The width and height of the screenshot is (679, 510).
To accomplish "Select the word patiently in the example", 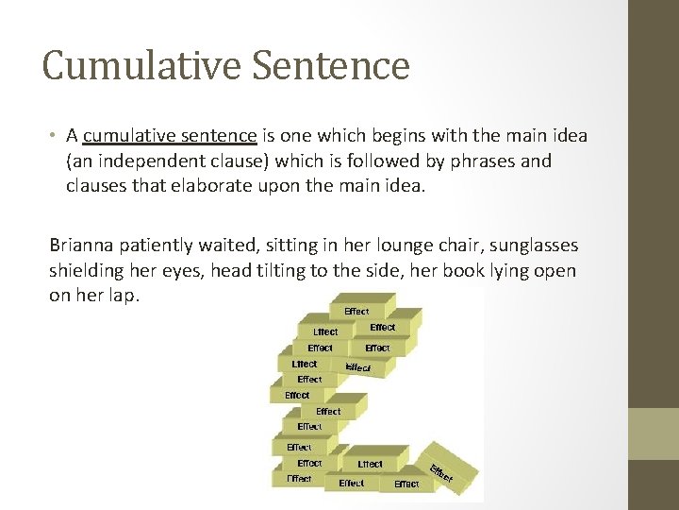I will click(157, 246).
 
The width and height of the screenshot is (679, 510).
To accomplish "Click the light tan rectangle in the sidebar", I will click(654, 433).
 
